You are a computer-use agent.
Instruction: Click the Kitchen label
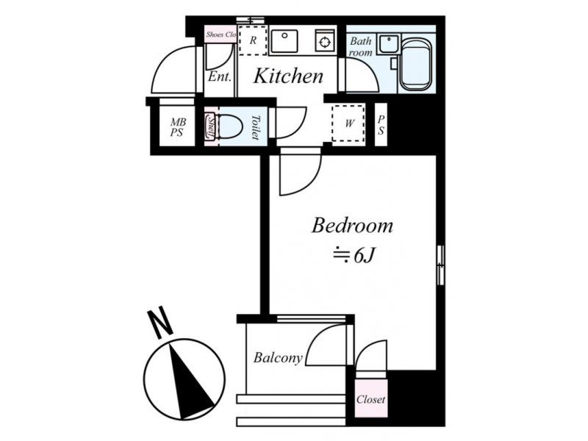point(288,76)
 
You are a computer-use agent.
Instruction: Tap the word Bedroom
point(352,226)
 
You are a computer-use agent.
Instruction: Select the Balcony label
point(278,357)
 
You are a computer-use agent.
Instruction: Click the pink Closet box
point(371,398)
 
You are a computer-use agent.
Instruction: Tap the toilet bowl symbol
point(229,126)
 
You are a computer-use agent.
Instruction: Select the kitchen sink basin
point(284,41)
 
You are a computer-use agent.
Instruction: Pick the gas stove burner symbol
point(324,41)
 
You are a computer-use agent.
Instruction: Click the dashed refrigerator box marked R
point(253,40)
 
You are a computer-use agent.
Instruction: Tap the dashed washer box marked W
point(348,123)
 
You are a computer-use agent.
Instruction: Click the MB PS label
point(178,126)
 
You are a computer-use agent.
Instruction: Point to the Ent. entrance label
point(219,77)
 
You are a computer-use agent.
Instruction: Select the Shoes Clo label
point(221,35)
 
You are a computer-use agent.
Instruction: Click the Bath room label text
point(361,46)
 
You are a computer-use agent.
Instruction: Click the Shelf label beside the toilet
point(210,126)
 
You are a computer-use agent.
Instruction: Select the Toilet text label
point(256,127)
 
